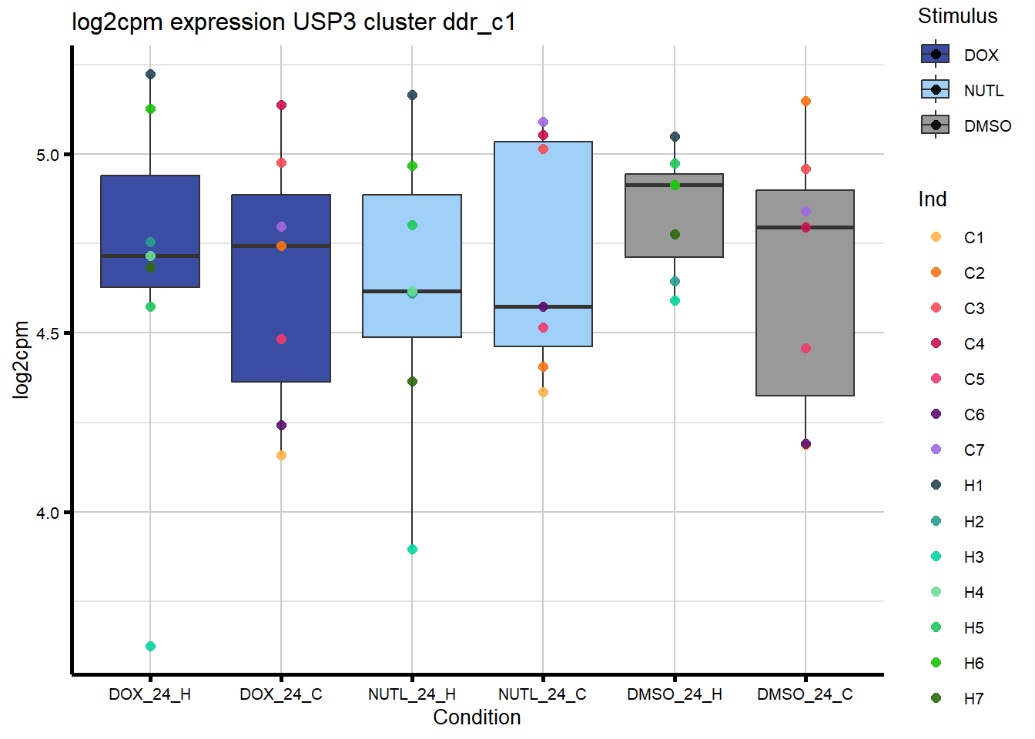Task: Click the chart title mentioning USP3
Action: (x=293, y=22)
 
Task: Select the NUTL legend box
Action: (x=935, y=90)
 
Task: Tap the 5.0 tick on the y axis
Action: (x=48, y=155)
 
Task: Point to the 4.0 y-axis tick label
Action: (x=48, y=513)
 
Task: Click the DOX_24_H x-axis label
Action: (x=150, y=694)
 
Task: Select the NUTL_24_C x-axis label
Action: (x=542, y=694)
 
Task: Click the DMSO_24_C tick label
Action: (x=805, y=694)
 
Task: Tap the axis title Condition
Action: (x=477, y=717)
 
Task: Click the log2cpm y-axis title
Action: (x=21, y=359)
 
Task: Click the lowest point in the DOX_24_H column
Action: (x=150, y=646)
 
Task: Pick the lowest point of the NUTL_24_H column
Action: (x=412, y=549)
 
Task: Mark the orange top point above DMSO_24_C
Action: (x=806, y=101)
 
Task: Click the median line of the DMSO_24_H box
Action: (x=674, y=185)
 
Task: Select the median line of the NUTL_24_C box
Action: (x=543, y=306)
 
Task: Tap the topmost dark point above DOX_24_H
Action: (x=150, y=74)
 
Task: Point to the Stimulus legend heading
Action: (x=957, y=16)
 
